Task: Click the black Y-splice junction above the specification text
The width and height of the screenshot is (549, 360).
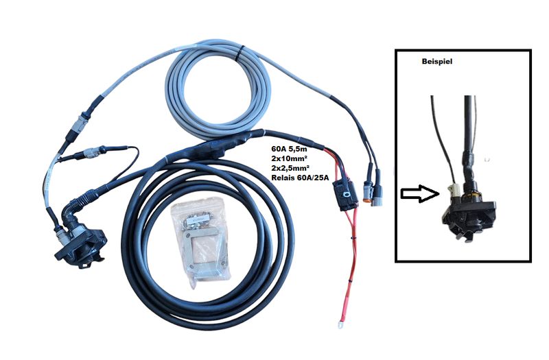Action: (218, 145)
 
